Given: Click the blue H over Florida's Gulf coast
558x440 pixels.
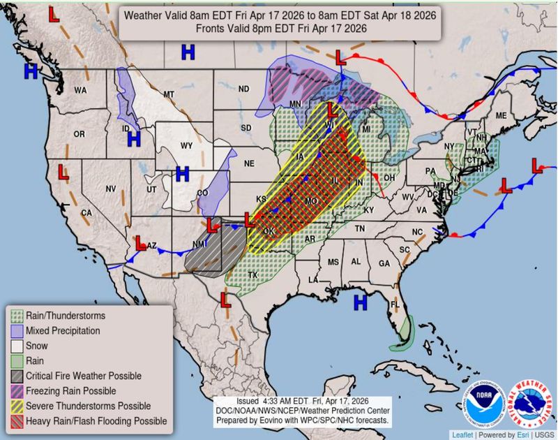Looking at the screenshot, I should [360, 302].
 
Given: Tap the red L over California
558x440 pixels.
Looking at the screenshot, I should [61, 171].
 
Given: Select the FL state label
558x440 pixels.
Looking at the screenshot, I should [394, 305].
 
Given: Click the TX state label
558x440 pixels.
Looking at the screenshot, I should [252, 275].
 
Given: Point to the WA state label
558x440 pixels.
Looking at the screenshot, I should [80, 90].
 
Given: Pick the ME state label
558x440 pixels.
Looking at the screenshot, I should [500, 115].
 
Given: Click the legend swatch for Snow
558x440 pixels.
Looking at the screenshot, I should [17, 346].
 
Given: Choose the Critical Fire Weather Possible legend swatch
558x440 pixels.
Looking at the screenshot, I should [17, 376].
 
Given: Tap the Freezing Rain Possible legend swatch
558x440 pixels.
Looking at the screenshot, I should [17, 391].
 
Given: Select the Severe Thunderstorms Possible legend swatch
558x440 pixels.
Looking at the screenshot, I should [17, 406].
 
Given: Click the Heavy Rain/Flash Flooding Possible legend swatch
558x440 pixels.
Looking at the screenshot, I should [17, 421].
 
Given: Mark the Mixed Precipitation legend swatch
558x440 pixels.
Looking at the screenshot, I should [17, 330].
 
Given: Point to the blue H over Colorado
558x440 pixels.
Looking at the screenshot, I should [183, 173].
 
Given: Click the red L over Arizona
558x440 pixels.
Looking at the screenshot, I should [140, 242].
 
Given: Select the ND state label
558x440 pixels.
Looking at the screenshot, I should [243, 89].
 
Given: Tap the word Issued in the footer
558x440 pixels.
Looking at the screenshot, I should [248, 402].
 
